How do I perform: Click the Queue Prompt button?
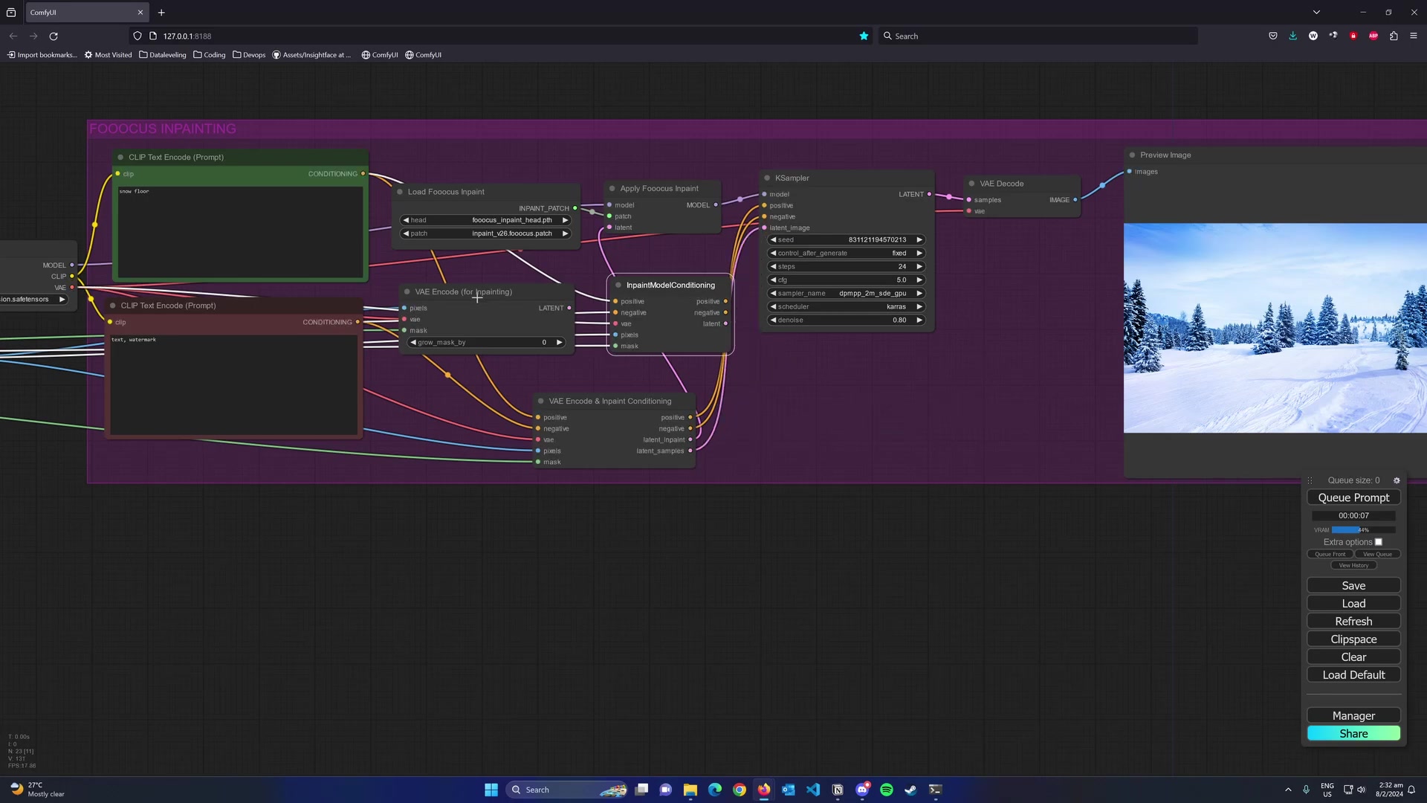pyautogui.click(x=1353, y=497)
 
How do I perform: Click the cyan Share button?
pyautogui.click(x=1353, y=733)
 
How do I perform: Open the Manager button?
pyautogui.click(x=1353, y=715)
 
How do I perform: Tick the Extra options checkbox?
pyautogui.click(x=1379, y=542)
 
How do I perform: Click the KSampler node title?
pyautogui.click(x=792, y=178)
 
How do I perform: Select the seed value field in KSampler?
pyautogui.click(x=846, y=239)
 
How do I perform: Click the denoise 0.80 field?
pyautogui.click(x=846, y=320)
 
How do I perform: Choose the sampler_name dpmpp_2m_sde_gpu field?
pyautogui.click(x=846, y=293)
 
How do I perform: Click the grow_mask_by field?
pyautogui.click(x=485, y=342)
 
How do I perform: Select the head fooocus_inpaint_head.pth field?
pyautogui.click(x=485, y=220)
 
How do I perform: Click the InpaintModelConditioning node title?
pyautogui.click(x=670, y=285)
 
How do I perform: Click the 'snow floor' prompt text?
pyautogui.click(x=135, y=192)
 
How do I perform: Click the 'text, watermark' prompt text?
pyautogui.click(x=135, y=340)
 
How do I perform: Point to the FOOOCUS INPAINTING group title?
pyautogui.click(x=163, y=129)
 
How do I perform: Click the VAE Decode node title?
pyautogui.click(x=1001, y=184)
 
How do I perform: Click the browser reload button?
pyautogui.click(x=54, y=36)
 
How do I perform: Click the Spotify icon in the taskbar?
pyautogui.click(x=887, y=790)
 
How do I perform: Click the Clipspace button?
pyautogui.click(x=1353, y=639)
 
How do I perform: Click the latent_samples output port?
pyautogui.click(x=690, y=451)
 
